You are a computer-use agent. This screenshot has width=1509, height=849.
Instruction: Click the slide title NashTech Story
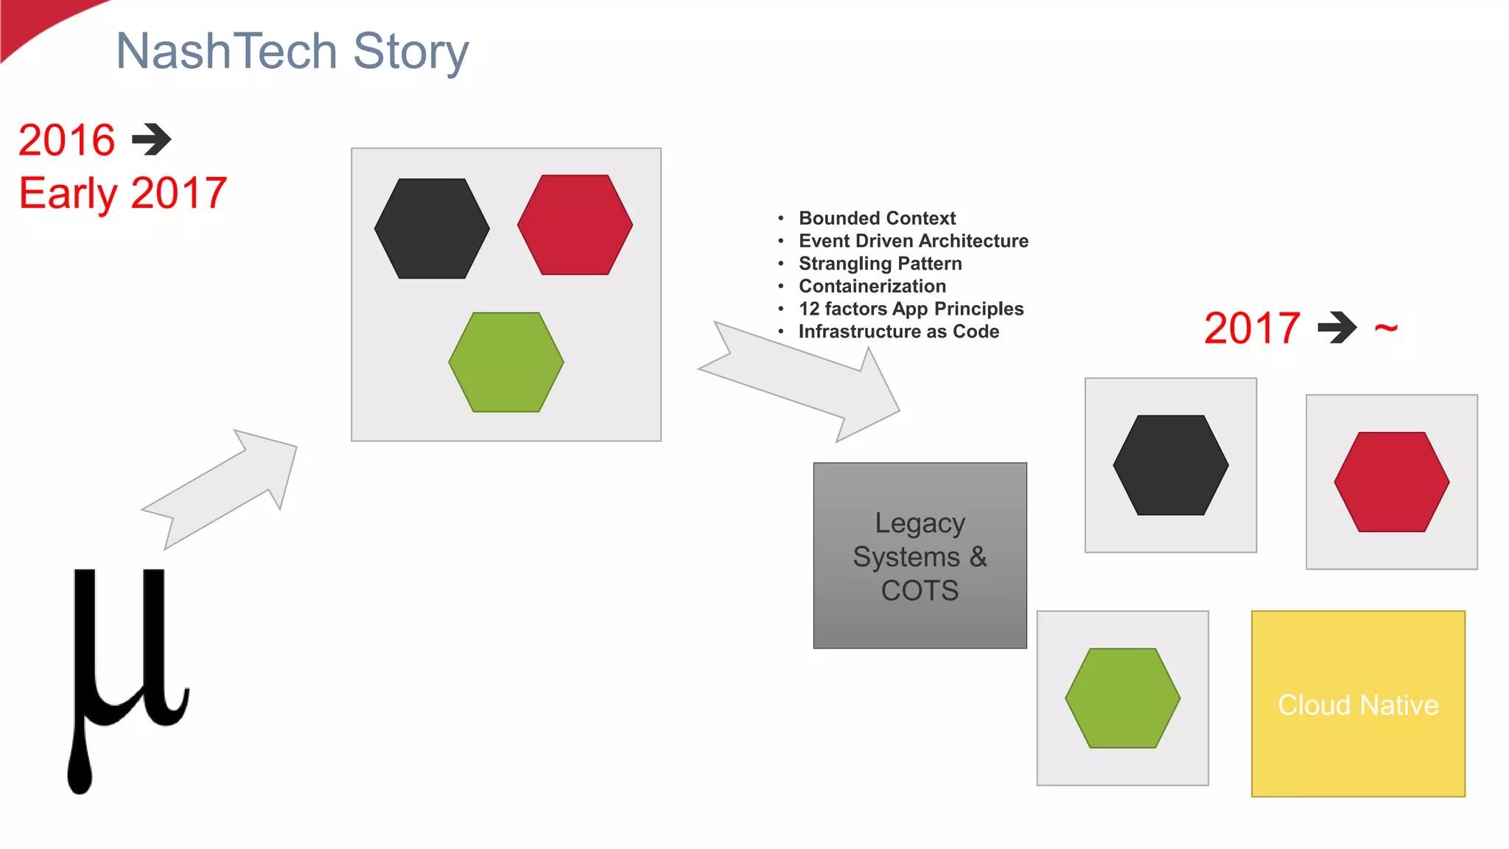[292, 52]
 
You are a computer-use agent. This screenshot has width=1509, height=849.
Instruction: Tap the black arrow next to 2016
[152, 139]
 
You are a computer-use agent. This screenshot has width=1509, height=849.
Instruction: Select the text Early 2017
[123, 193]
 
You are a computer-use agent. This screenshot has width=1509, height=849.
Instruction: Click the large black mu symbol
[125, 663]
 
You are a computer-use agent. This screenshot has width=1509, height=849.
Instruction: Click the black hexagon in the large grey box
[432, 228]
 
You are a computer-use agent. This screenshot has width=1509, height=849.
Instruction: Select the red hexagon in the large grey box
[575, 225]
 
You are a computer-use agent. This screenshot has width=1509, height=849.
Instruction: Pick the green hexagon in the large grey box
[506, 362]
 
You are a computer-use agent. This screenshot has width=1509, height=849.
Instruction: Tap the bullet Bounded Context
[877, 218]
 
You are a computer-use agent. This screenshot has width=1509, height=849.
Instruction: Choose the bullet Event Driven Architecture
[913, 241]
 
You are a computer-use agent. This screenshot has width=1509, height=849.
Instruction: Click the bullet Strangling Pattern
[880, 264]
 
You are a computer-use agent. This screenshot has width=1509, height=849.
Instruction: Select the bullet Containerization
[872, 286]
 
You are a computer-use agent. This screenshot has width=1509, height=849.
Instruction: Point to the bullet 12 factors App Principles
[911, 309]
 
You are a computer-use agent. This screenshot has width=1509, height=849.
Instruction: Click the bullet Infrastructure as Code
[898, 332]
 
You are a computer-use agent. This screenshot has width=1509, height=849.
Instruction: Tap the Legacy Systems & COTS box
[920, 556]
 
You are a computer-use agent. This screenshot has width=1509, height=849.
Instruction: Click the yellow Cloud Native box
[1358, 704]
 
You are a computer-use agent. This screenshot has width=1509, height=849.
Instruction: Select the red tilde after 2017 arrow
[1386, 328]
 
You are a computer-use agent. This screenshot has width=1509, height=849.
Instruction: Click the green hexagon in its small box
[1122, 698]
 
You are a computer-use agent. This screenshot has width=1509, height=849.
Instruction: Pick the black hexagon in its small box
[1170, 465]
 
